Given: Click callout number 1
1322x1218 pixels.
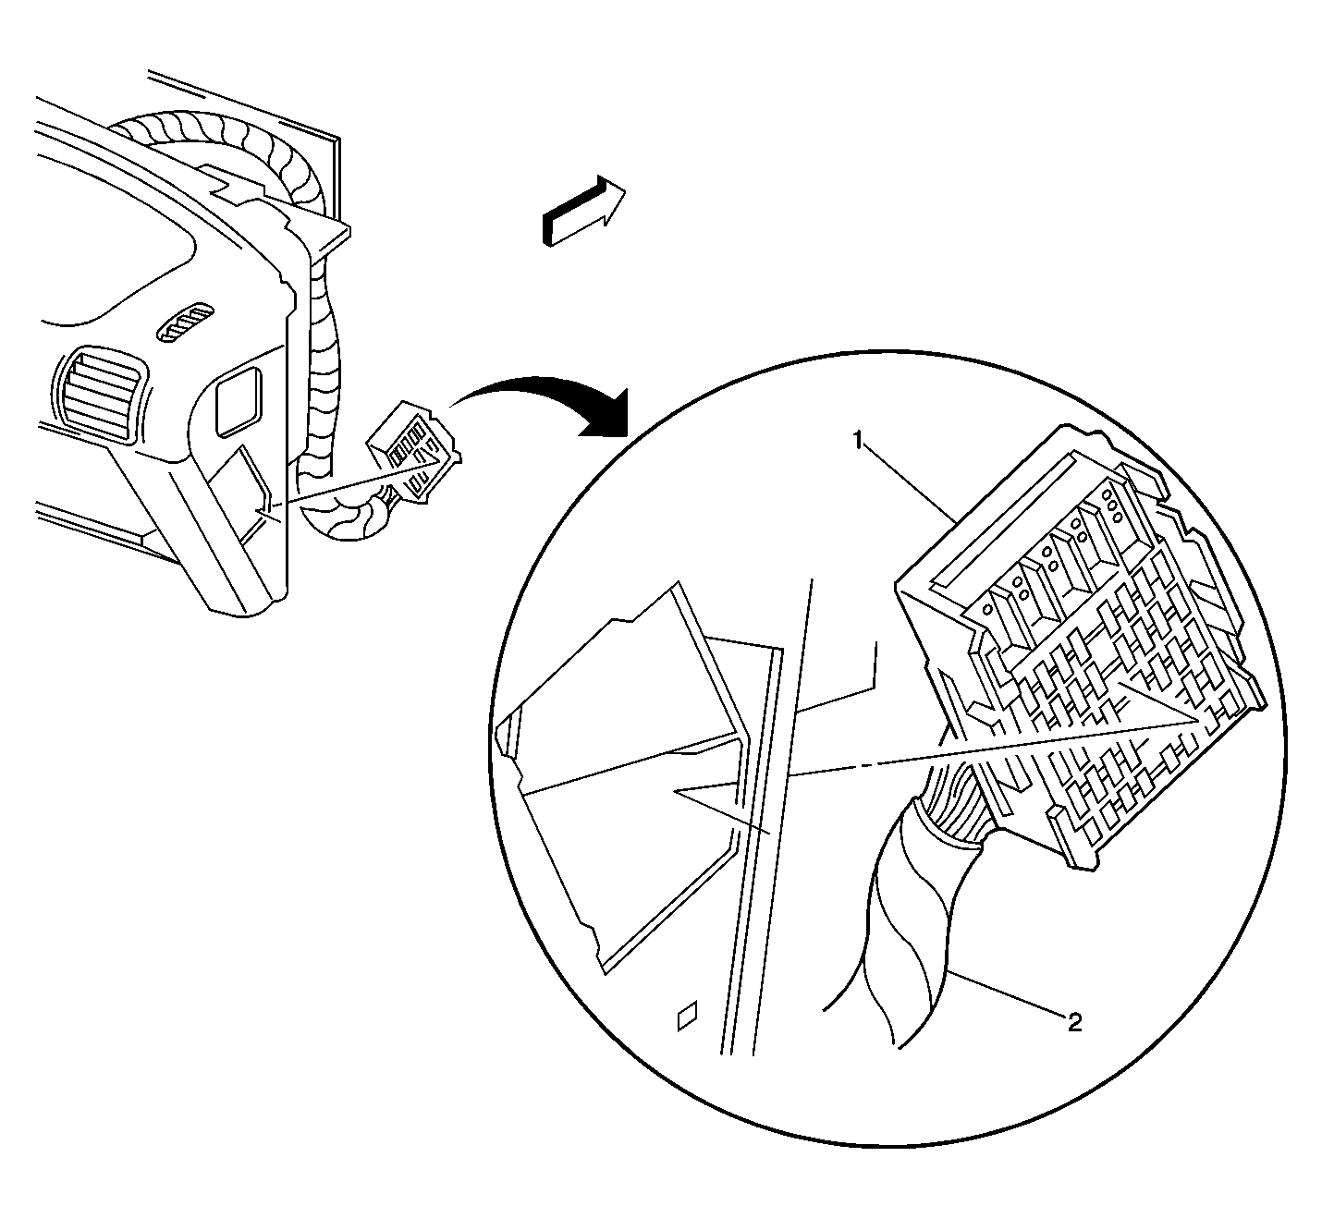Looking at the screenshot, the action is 858,440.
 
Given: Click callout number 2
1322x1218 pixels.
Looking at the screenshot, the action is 1074,1023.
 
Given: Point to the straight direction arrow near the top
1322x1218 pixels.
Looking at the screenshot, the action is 582,211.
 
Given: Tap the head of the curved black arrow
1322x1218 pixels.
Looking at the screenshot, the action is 603,414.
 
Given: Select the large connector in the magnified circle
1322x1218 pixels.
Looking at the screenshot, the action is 1081,650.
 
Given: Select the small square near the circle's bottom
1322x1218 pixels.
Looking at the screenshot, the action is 688,1016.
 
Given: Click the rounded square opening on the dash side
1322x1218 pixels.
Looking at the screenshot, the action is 239,401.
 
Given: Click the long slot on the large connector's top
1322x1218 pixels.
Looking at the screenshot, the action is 999,520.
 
